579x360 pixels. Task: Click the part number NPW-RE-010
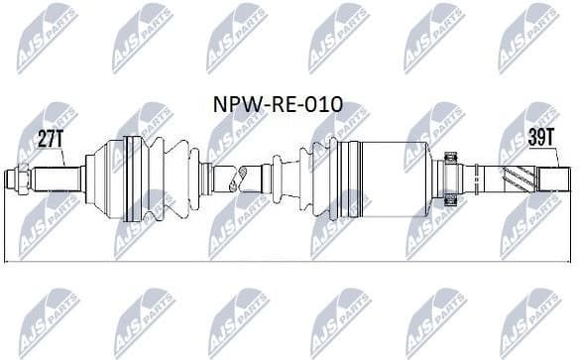click(x=280, y=103)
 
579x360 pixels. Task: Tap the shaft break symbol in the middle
click(x=235, y=180)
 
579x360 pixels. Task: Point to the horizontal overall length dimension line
click(x=288, y=261)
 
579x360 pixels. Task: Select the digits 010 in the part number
click(x=327, y=103)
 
